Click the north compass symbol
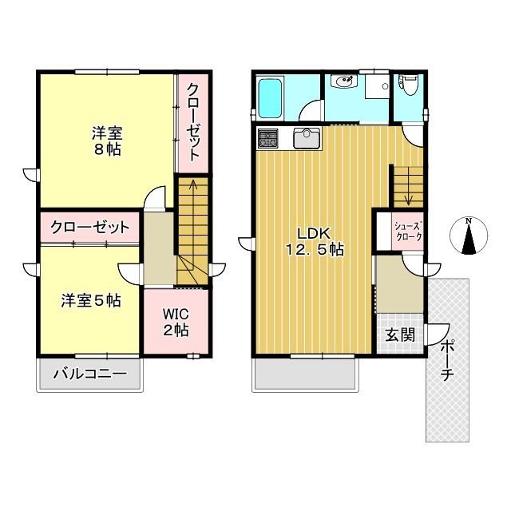[469, 237]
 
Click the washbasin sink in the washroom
[345, 82]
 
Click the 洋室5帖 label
[92, 301]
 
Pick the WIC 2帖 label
[176, 321]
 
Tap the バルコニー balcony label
[90, 373]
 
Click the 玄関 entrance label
[401, 335]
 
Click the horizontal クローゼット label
[89, 228]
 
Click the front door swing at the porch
[438, 333]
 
